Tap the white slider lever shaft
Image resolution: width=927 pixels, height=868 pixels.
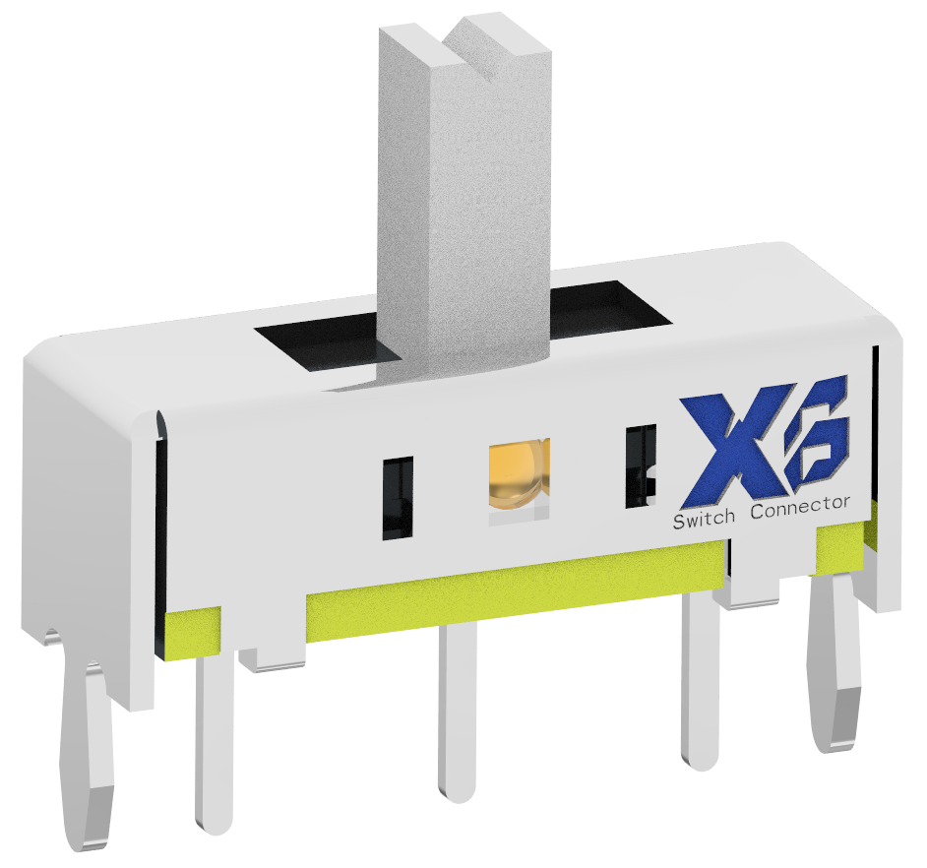463,217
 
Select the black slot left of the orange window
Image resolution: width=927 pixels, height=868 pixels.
398,497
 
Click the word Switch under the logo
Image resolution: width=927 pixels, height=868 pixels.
703,519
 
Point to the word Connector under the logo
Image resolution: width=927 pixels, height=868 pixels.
799,508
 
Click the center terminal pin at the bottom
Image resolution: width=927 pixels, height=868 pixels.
457,709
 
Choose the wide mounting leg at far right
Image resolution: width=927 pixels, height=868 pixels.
836,669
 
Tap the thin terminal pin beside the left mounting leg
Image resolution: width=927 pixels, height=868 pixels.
213,738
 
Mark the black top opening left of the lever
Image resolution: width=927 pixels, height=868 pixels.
315,344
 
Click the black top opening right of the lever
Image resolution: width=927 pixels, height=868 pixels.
605,305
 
